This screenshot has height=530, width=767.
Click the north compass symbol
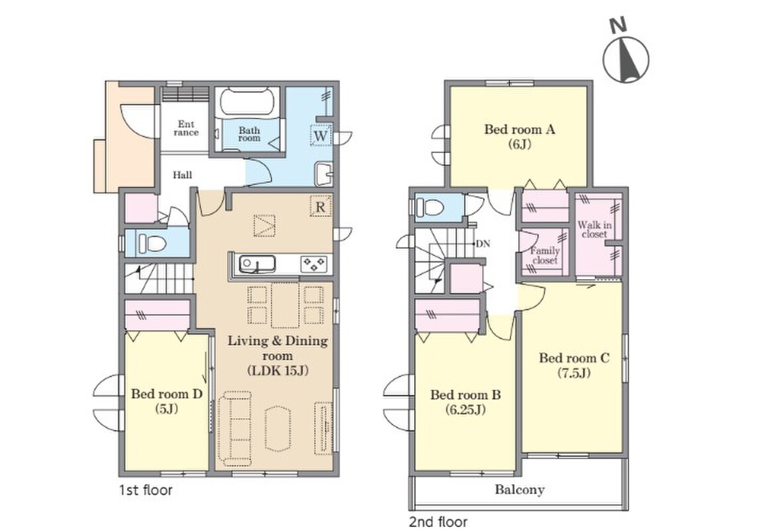click(626, 53)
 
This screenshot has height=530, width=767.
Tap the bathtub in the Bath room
click(246, 102)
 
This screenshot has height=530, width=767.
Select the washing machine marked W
click(321, 135)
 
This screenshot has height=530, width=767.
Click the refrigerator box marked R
click(321, 207)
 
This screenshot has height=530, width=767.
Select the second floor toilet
click(430, 207)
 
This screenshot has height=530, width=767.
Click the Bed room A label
click(519, 129)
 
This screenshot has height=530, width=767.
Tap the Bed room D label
click(166, 394)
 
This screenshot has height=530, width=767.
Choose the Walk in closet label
click(594, 229)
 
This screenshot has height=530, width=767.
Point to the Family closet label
click(545, 256)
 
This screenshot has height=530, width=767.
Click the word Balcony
click(519, 490)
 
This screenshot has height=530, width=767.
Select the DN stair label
click(483, 243)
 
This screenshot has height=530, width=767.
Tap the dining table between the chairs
click(285, 305)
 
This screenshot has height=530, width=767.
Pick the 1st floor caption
click(146, 490)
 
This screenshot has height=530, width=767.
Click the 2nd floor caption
click(438, 521)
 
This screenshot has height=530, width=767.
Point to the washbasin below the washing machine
click(324, 173)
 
